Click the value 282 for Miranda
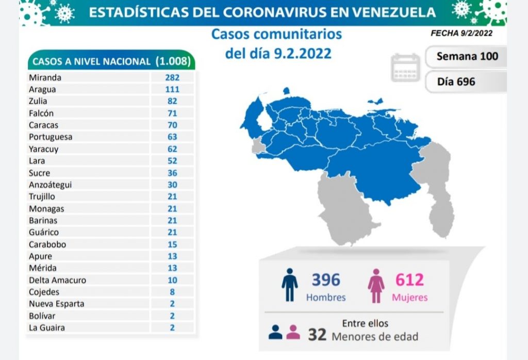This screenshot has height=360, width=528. click(172, 77)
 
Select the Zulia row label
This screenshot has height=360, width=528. click(39, 101)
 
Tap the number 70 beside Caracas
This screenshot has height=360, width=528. click(172, 125)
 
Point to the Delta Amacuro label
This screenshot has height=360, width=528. click(57, 280)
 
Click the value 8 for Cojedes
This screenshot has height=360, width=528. click(172, 292)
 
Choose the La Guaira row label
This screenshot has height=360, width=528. click(47, 328)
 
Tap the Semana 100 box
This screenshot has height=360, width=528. click(467, 56)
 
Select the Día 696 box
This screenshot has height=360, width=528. click(456, 81)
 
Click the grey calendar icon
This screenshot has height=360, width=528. click(406, 67)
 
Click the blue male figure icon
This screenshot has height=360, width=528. click(290, 285)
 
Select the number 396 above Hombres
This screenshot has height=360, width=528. click(326, 280)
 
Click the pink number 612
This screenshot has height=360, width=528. click(409, 280)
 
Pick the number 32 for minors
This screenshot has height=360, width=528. click(317, 335)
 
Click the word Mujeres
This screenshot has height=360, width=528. click(409, 298)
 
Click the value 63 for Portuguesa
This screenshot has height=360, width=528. click(172, 137)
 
